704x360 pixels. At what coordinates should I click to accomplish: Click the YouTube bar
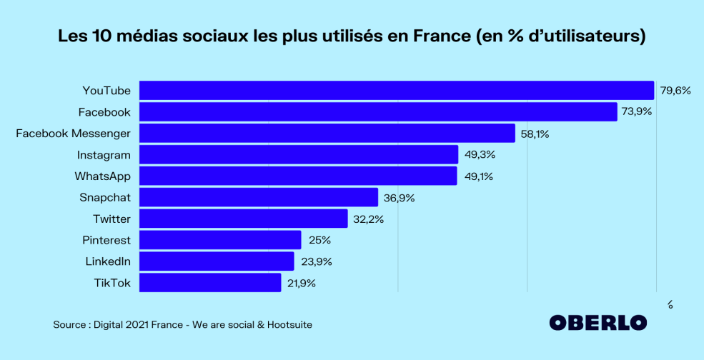(x=397, y=91)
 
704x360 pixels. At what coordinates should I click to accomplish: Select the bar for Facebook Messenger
(x=327, y=134)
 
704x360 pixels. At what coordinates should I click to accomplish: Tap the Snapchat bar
(x=258, y=197)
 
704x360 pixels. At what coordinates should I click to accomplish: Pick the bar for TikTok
(x=210, y=283)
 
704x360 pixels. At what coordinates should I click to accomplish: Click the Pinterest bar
(x=220, y=240)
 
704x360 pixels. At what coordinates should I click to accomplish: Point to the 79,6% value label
(x=675, y=91)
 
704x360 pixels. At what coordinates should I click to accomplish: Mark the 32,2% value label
(x=369, y=219)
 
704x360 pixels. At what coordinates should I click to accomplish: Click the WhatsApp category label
(x=102, y=176)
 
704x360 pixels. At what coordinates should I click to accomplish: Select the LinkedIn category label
(x=108, y=261)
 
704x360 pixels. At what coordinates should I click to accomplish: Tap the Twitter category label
(x=111, y=219)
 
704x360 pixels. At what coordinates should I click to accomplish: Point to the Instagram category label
(x=104, y=154)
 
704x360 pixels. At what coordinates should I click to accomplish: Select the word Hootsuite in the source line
(x=289, y=325)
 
